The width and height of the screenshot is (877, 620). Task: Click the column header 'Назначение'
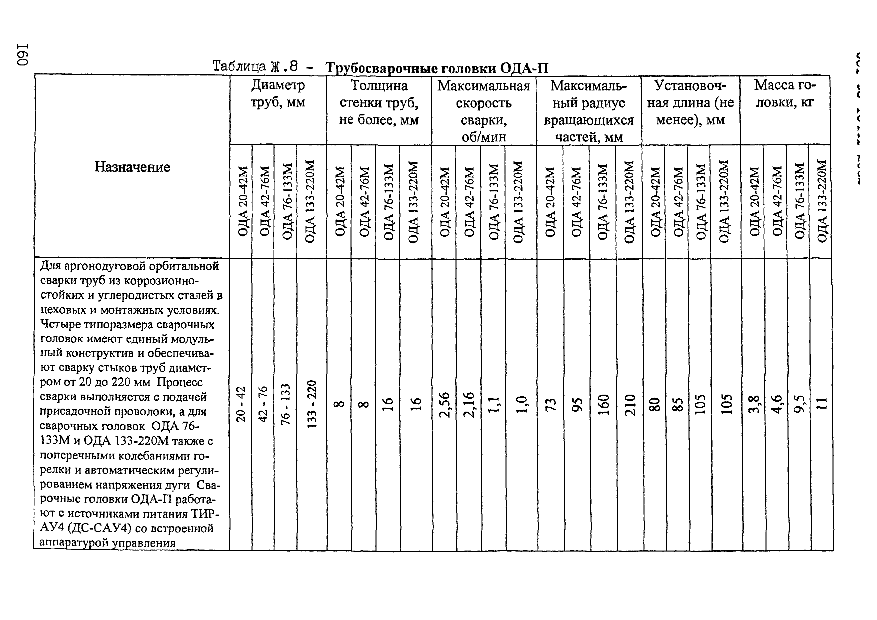tap(132, 167)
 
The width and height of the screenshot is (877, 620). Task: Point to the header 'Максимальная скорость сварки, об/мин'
tap(483, 111)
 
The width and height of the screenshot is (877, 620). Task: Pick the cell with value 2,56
tap(444, 404)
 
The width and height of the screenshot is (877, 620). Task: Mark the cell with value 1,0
tap(522, 404)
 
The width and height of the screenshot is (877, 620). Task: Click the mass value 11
tap(821, 404)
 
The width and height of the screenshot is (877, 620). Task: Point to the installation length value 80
tap(655, 404)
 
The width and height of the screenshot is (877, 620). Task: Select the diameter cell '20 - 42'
tap(241, 404)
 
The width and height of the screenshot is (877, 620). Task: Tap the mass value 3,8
tap(753, 404)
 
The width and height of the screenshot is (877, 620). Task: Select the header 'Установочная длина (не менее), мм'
tap(690, 102)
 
